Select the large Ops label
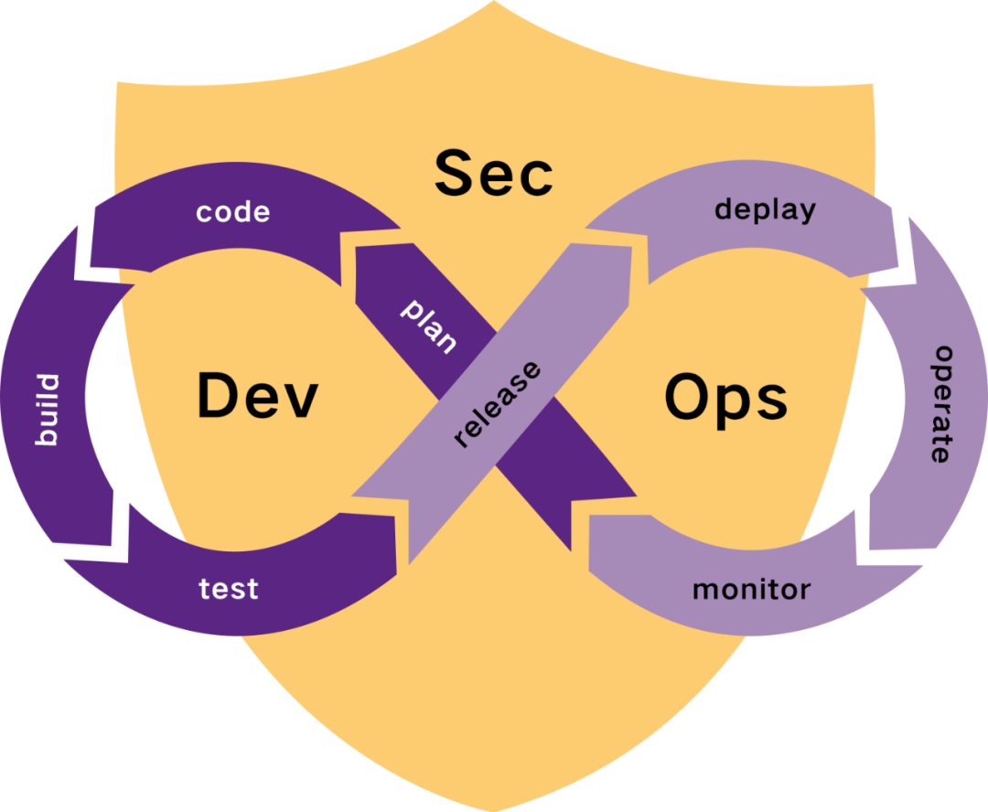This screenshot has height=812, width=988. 725,398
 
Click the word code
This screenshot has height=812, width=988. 233,212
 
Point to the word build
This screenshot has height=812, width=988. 46,410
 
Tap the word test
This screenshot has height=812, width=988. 229,588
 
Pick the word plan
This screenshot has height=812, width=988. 428,325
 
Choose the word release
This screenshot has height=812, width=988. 498,405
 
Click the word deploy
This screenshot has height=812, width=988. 765,209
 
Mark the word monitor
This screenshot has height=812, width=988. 751,589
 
